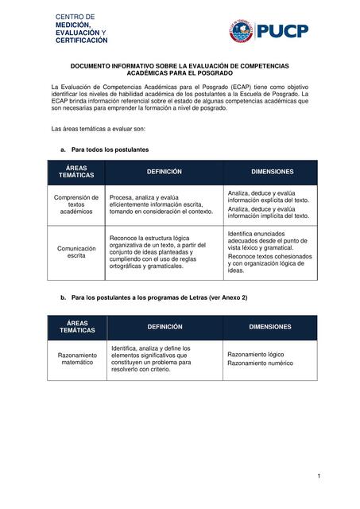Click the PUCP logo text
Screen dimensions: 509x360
pyautogui.click(x=282, y=31)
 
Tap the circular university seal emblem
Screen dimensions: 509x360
pyautogui.click(x=241, y=31)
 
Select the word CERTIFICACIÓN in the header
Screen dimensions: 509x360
pyautogui.click(x=81, y=40)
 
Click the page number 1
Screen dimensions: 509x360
pyautogui.click(x=318, y=476)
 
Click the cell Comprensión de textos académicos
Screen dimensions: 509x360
pyautogui.click(x=76, y=204)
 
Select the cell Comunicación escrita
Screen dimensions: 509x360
pyautogui.click(x=76, y=252)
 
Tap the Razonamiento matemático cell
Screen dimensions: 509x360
pyautogui.click(x=76, y=359)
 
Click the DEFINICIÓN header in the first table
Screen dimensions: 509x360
pyautogui.click(x=164, y=172)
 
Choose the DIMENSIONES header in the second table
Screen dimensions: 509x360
pyautogui.click(x=269, y=327)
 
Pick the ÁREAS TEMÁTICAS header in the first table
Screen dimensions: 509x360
pyautogui.click(x=76, y=172)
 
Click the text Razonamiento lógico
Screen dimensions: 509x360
pyautogui.click(x=255, y=354)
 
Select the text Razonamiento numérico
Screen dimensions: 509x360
pyautogui.click(x=260, y=363)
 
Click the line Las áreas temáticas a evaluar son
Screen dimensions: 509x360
pyautogui.click(x=98, y=128)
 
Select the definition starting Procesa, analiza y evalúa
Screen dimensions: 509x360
pyautogui.click(x=161, y=204)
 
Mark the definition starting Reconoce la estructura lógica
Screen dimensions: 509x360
pyautogui.click(x=160, y=252)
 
